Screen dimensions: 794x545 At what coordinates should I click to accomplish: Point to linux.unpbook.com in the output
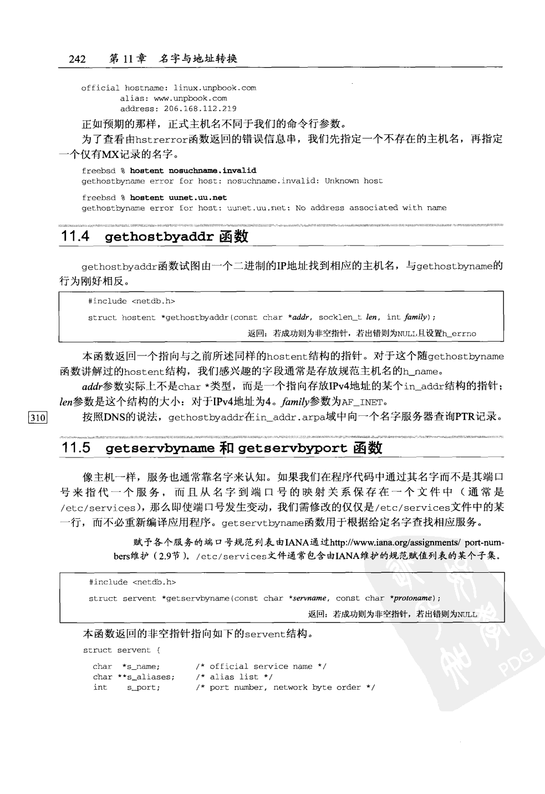215,88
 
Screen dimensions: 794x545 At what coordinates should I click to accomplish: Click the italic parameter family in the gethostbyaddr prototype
416,317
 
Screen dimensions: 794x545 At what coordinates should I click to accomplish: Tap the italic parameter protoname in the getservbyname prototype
413,598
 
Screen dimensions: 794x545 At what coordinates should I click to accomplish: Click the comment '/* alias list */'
234,677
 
